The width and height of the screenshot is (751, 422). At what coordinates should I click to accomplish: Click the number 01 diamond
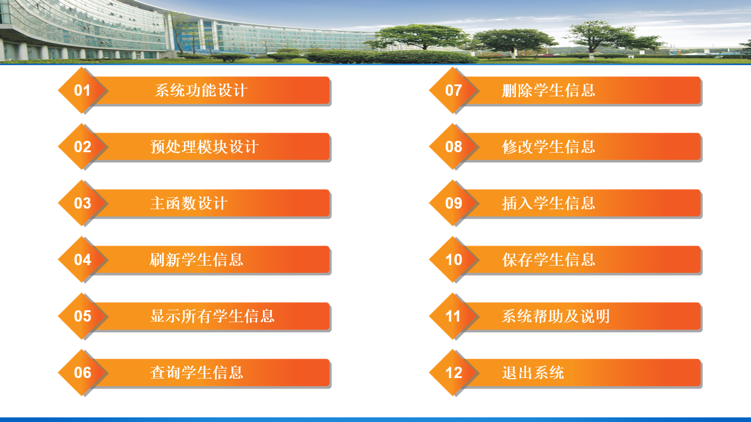(x=82, y=90)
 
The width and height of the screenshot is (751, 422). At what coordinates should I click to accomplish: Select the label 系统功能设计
(x=201, y=90)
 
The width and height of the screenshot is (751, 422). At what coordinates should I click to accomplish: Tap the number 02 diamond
(x=82, y=147)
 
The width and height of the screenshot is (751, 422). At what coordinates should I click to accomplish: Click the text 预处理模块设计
(x=205, y=147)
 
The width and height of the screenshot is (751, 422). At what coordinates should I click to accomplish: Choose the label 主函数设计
(x=189, y=203)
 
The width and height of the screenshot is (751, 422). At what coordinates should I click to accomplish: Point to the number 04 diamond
(x=82, y=260)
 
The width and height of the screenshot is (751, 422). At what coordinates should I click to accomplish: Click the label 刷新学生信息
(x=197, y=260)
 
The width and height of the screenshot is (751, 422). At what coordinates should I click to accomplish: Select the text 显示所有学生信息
(x=213, y=316)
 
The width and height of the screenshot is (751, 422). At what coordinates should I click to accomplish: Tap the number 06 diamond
(x=82, y=373)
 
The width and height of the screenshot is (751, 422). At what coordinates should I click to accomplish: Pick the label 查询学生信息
(x=197, y=373)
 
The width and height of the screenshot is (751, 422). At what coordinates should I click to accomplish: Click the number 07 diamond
(x=453, y=90)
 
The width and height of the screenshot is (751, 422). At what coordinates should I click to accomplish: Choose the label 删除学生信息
(x=549, y=90)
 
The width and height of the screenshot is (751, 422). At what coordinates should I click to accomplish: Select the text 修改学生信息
(x=549, y=147)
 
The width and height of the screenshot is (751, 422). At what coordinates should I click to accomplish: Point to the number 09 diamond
(x=453, y=203)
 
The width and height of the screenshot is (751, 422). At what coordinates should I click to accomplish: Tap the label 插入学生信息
(x=549, y=203)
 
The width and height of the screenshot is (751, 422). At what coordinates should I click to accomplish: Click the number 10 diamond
(x=453, y=260)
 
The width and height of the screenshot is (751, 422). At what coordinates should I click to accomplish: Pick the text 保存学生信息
(x=549, y=260)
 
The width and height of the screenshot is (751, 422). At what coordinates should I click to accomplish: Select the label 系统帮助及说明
(x=556, y=316)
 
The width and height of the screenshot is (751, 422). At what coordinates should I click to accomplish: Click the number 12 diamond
(x=453, y=373)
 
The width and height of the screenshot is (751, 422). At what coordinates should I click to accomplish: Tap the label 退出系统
(x=533, y=373)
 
